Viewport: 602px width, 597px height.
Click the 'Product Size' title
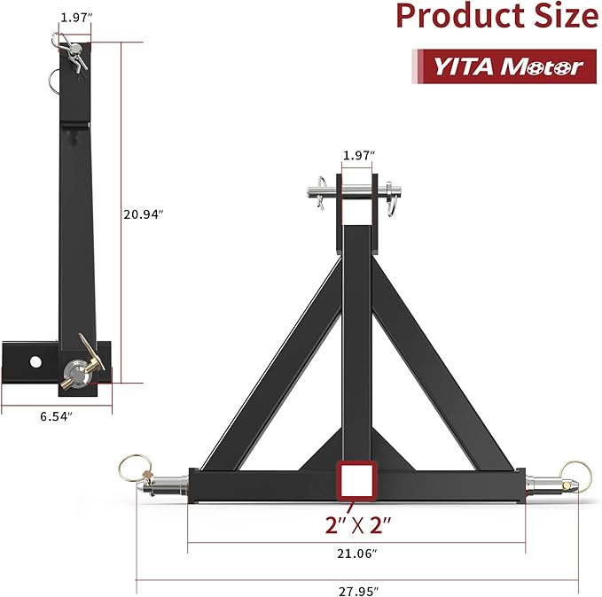click(x=496, y=16)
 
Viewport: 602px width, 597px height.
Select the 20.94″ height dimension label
click(x=144, y=213)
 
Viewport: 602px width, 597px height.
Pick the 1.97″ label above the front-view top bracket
click(x=359, y=156)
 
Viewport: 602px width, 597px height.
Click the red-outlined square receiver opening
click(x=356, y=481)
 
